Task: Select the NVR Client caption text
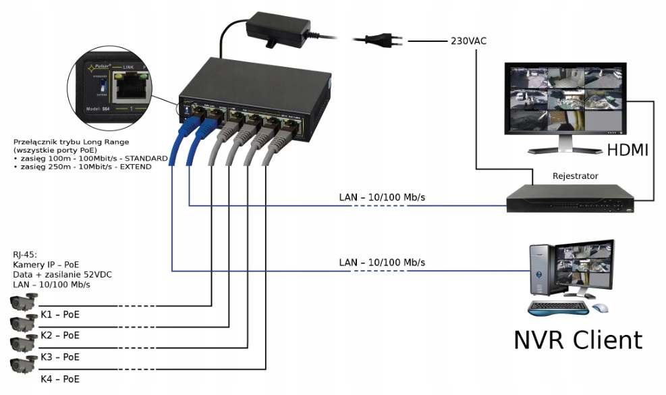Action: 578,340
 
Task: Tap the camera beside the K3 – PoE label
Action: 22,343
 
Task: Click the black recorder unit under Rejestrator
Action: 570,199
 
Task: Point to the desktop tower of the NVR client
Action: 543,276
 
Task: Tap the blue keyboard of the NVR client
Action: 557,309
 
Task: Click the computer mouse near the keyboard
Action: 600,308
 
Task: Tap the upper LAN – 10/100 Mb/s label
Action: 382,198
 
